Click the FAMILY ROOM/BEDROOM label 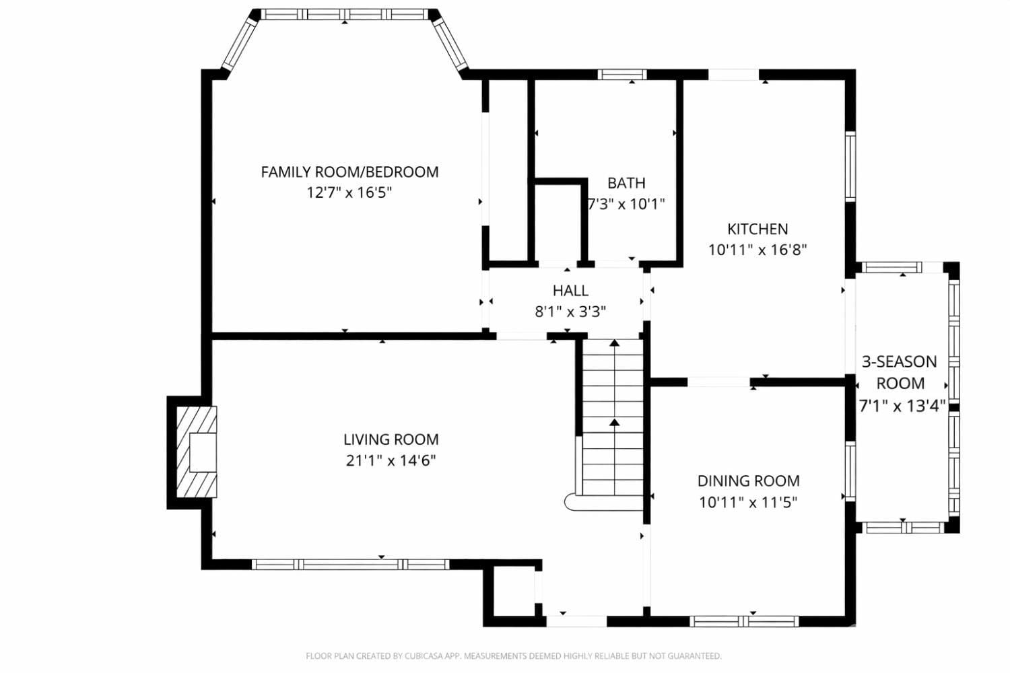point(349,172)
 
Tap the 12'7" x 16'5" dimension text point(349,193)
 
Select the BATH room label point(626,183)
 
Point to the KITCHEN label point(757,229)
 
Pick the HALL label point(570,291)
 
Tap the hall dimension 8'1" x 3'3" point(570,312)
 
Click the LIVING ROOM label point(391,439)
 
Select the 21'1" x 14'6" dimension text point(391,461)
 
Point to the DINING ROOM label point(748,481)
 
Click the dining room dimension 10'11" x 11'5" point(748,502)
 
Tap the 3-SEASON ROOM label point(900,372)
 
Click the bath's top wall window point(622,75)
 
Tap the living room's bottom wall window point(350,565)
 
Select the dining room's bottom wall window point(744,621)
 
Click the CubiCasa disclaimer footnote point(513,656)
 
